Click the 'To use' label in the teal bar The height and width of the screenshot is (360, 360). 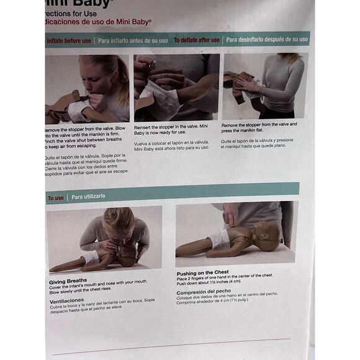click(56, 198)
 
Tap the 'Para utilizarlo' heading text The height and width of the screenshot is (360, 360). click(88, 196)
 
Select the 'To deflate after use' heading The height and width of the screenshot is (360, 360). click(196, 40)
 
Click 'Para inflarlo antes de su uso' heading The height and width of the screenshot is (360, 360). click(133, 41)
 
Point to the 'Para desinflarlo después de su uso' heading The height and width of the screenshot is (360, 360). click(266, 39)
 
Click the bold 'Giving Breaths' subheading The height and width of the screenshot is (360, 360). click(68, 280)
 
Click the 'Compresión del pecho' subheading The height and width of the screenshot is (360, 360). click(203, 292)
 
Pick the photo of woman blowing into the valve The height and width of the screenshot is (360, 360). click(88, 88)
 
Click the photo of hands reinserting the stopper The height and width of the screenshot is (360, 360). click(176, 87)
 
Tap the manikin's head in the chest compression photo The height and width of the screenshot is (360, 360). click(267, 236)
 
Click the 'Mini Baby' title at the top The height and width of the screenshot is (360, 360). click(68, 3)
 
